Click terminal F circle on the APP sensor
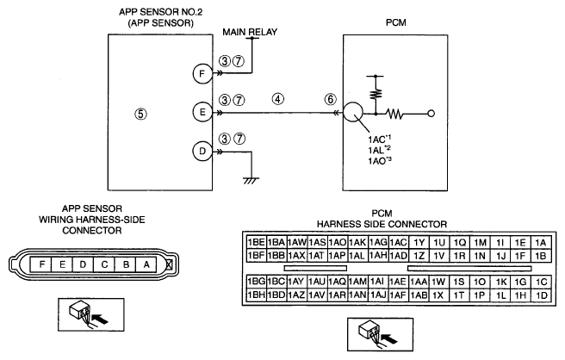point(202,74)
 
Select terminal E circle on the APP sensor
point(202,113)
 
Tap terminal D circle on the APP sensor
point(202,152)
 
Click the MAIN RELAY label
point(250,32)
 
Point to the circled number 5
point(140,115)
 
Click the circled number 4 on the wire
point(278,99)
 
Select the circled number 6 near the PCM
point(331,99)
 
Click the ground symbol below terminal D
point(251,181)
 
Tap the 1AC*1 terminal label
point(380,139)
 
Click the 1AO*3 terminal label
point(380,161)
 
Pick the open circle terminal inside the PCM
point(431,114)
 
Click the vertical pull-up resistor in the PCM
point(376,95)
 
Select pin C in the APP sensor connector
point(104,265)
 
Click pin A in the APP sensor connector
point(146,265)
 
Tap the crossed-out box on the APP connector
point(169,265)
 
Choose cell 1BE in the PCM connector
point(256,243)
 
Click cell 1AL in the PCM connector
point(357,256)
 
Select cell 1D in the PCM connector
point(541,295)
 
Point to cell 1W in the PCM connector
point(438,282)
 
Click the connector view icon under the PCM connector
point(380,334)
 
